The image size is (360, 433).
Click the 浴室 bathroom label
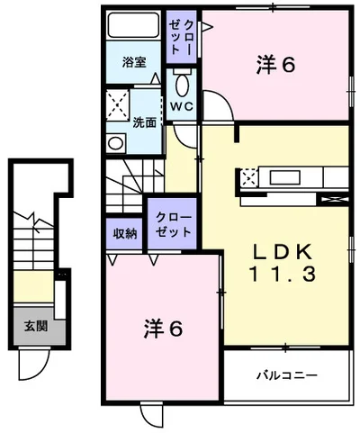click(134, 62)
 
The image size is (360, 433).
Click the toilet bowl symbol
click(181, 85)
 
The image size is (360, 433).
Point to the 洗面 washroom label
click(145, 122)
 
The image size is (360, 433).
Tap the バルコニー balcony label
click(283, 374)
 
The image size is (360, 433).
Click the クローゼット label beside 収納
click(173, 223)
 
